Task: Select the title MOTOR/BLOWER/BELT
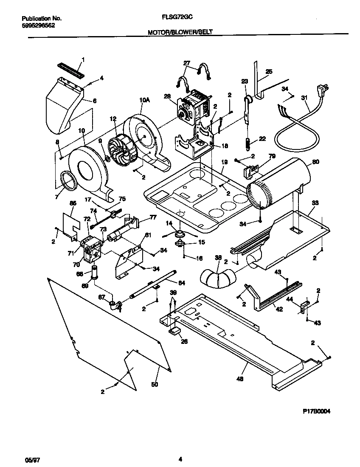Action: tap(180, 32)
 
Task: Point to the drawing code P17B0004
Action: tap(316, 411)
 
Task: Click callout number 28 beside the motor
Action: tap(167, 96)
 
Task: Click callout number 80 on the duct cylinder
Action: tap(316, 162)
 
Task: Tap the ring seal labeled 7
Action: tap(68, 180)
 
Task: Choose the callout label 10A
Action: tap(145, 100)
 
